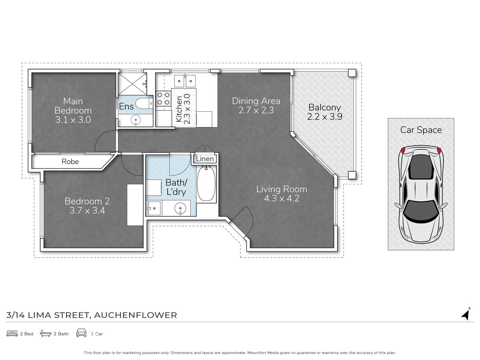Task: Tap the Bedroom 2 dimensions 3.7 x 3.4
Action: [x=87, y=210]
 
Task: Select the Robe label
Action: [x=70, y=162]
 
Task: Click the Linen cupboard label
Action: [x=205, y=159]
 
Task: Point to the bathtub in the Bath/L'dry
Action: [x=206, y=183]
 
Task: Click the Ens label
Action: [x=126, y=106]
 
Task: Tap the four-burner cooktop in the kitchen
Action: [x=163, y=98]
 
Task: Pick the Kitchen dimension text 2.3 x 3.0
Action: [x=187, y=109]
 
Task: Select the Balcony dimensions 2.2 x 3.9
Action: [x=324, y=117]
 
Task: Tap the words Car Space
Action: [x=421, y=130]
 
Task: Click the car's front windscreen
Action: [x=421, y=210]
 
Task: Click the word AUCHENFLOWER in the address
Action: [x=135, y=315]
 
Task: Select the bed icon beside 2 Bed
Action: [x=12, y=334]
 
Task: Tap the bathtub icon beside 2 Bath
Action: [x=46, y=334]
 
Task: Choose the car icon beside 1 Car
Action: [x=81, y=333]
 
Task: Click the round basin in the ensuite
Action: [x=136, y=120]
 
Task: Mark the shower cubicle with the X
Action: [x=132, y=84]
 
